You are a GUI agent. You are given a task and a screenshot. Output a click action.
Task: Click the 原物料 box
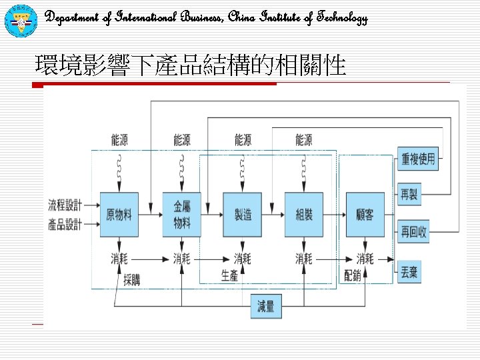pos(119,214)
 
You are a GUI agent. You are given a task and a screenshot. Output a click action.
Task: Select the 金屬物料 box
pos(181,214)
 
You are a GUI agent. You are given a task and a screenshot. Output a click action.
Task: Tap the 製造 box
pos(243,214)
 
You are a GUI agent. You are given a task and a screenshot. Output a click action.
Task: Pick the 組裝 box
pos(304,214)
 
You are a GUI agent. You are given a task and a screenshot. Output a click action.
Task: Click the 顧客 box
pos(365,214)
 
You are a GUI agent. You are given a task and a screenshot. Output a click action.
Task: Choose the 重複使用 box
pos(418,159)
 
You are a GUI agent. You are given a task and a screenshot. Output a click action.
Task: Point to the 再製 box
pos(409,195)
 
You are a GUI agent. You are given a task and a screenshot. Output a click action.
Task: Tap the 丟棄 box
pos(409,272)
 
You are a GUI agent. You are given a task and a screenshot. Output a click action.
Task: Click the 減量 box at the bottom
pos(265,307)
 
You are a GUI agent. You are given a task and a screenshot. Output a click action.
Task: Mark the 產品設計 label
pos(65,225)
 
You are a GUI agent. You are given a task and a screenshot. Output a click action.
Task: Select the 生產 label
pos(229,275)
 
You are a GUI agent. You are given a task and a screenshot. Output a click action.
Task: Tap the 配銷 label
pos(352,275)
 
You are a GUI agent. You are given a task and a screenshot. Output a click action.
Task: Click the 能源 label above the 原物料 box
pos(120,140)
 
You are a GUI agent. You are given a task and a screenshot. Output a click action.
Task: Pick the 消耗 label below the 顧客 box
pos(365,258)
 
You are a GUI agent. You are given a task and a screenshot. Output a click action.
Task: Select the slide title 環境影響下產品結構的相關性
pos(191,66)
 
